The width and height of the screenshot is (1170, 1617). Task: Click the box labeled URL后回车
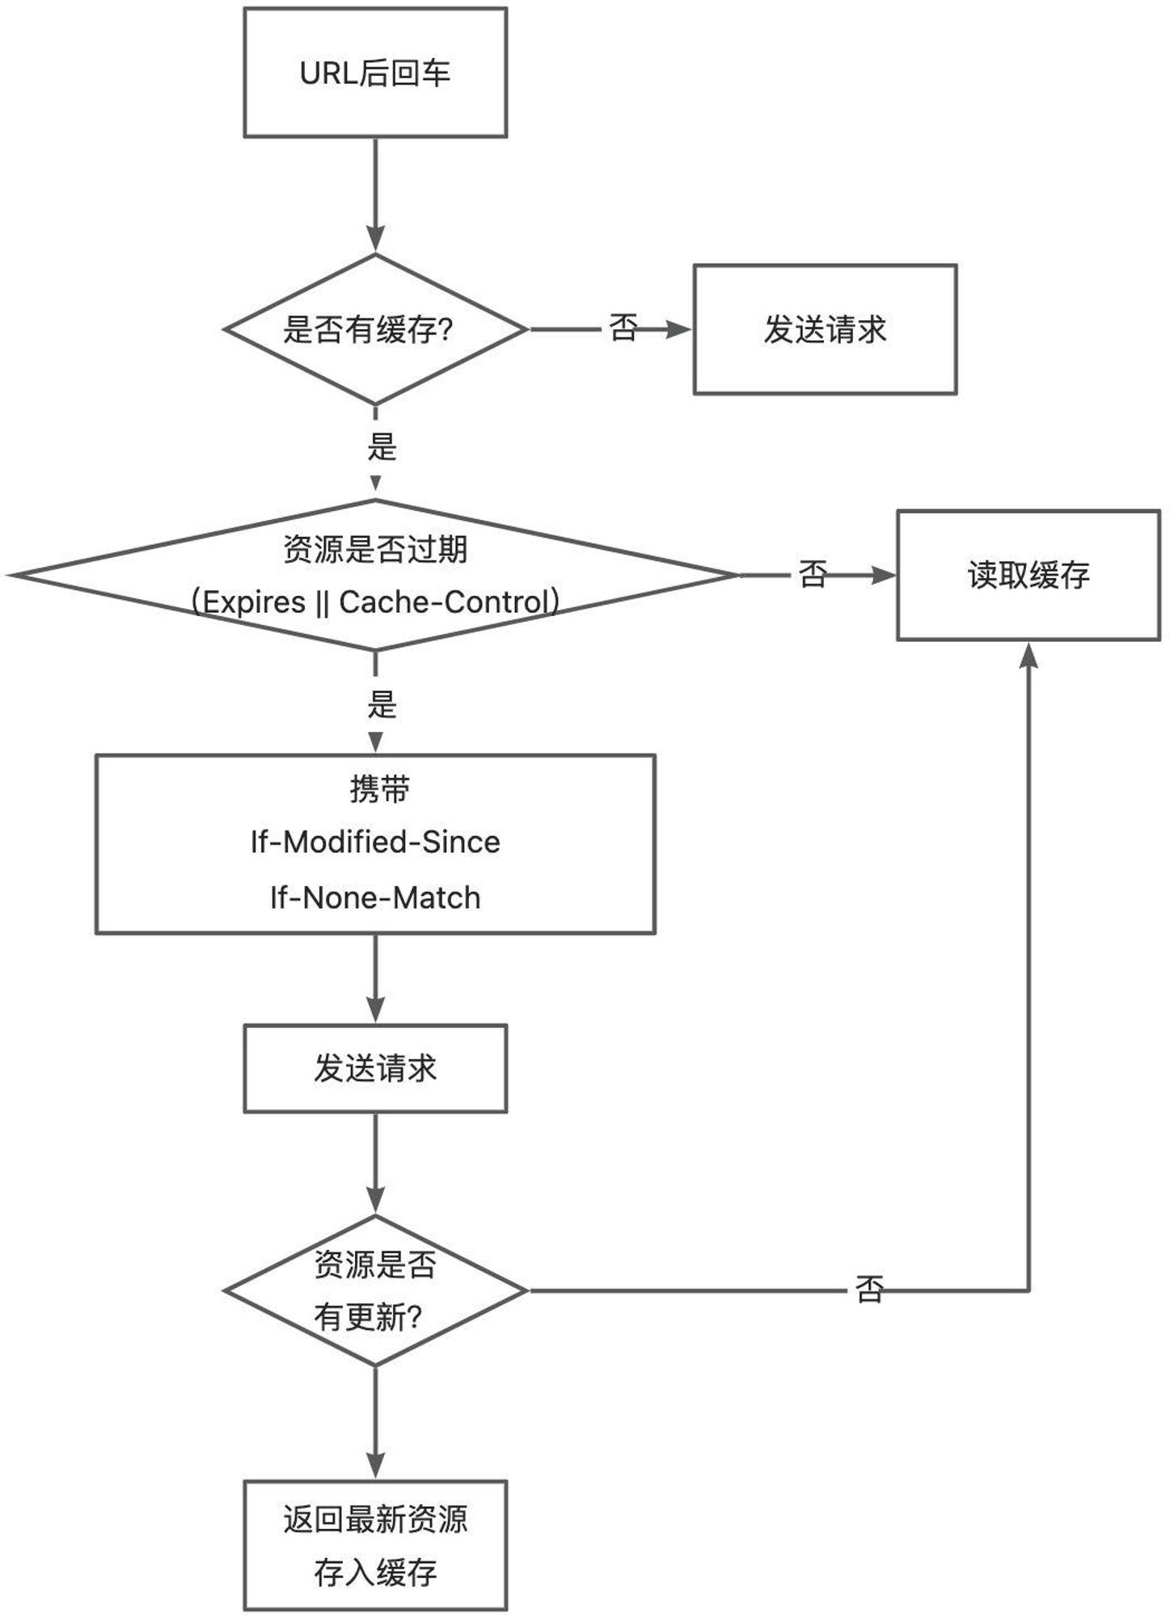[x=375, y=73]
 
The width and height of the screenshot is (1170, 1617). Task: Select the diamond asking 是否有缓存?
[x=375, y=329]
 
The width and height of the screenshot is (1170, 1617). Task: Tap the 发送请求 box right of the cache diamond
[x=825, y=329]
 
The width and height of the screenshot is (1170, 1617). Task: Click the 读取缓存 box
[x=1029, y=575]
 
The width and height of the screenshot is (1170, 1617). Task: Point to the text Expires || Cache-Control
[x=375, y=602]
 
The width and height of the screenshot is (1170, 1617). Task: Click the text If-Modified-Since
[x=375, y=842]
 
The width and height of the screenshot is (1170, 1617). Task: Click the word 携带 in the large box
[x=379, y=789]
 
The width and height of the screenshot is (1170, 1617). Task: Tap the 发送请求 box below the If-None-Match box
[x=375, y=1069]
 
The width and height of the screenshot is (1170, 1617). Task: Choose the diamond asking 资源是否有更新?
[x=375, y=1290]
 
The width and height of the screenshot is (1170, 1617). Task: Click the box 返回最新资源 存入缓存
[x=375, y=1545]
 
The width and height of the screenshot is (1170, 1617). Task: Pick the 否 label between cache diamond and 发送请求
[x=623, y=327]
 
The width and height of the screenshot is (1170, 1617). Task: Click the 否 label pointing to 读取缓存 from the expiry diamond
[x=813, y=574]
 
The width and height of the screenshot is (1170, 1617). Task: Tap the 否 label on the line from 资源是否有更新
[x=870, y=1290]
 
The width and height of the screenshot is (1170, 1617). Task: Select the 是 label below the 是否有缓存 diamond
[x=382, y=446]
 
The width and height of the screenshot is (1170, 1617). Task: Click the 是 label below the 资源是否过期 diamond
[x=382, y=704]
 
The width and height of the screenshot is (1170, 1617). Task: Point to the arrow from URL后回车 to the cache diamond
[x=375, y=195]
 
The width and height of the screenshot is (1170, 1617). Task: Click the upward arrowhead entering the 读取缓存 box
[x=1029, y=654]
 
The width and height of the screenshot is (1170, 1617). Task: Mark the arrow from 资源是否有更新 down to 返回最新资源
[x=375, y=1423]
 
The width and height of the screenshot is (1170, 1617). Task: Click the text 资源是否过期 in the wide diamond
[x=375, y=550]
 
